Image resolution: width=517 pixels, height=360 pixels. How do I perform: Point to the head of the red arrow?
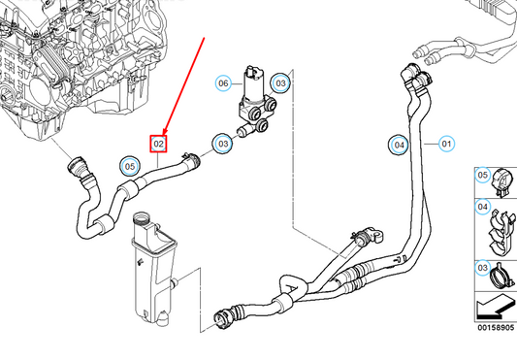[163, 134]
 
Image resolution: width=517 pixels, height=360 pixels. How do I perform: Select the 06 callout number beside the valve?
[223, 83]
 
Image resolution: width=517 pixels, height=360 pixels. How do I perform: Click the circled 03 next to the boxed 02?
[223, 145]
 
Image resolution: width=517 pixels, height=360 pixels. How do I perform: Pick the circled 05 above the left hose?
[130, 165]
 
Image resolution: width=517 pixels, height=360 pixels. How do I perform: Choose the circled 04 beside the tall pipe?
[397, 145]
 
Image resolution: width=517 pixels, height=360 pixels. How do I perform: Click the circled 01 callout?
[447, 145]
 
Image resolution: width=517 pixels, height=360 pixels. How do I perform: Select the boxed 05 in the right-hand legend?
[482, 176]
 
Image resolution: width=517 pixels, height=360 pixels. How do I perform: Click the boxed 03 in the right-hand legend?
[482, 267]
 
